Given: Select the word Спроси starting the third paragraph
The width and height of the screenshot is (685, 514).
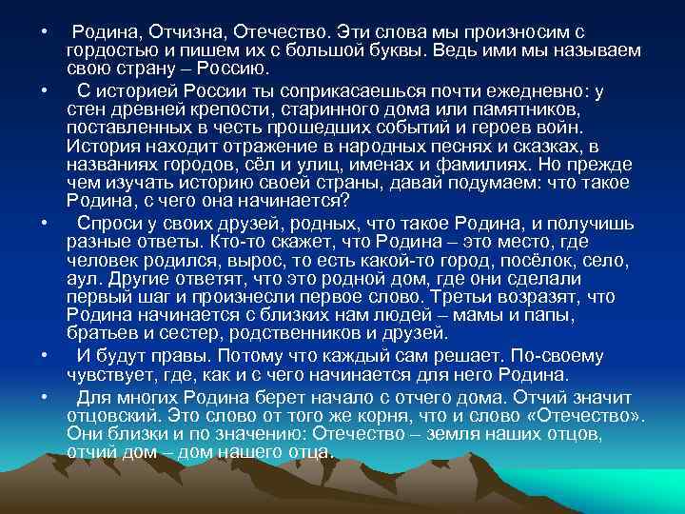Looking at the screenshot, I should (x=110, y=223).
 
